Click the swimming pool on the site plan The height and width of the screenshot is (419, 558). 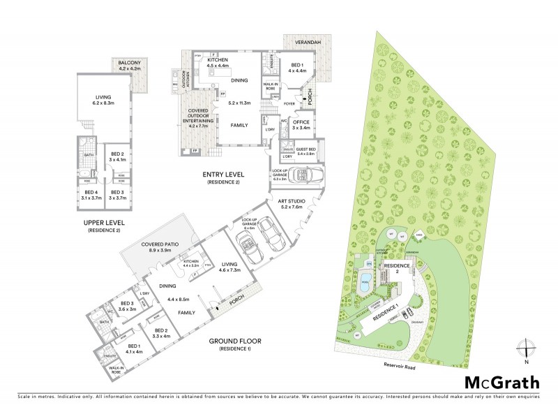(364, 286)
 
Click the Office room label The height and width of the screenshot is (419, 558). (301, 124)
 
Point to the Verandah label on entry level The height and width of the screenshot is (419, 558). (306, 43)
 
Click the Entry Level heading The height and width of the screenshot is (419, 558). (223, 175)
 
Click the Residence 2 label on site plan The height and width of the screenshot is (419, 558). (398, 266)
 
